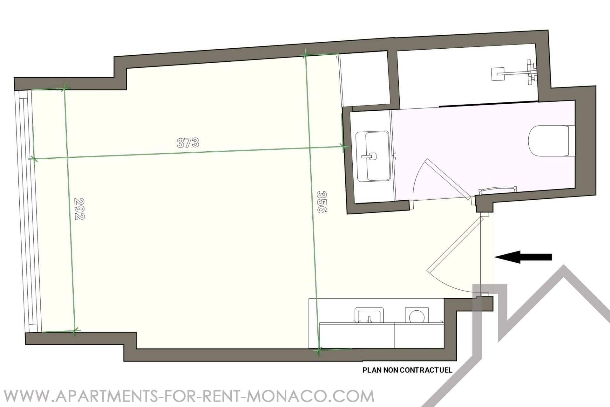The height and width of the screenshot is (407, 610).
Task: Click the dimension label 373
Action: (188, 143)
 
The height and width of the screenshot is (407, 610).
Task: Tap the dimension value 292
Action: (79, 209)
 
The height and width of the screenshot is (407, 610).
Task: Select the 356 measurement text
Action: (322, 202)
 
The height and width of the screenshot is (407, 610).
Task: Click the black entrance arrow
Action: (523, 257)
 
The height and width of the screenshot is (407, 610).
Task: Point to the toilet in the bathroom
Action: (552, 141)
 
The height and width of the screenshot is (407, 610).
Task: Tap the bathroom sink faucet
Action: (370, 156)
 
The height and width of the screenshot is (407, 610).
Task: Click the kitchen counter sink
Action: (369, 315)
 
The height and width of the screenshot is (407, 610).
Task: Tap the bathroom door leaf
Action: (448, 178)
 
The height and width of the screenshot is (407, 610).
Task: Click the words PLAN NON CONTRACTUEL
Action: (407, 370)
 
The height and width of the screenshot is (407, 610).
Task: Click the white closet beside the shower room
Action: (364, 79)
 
